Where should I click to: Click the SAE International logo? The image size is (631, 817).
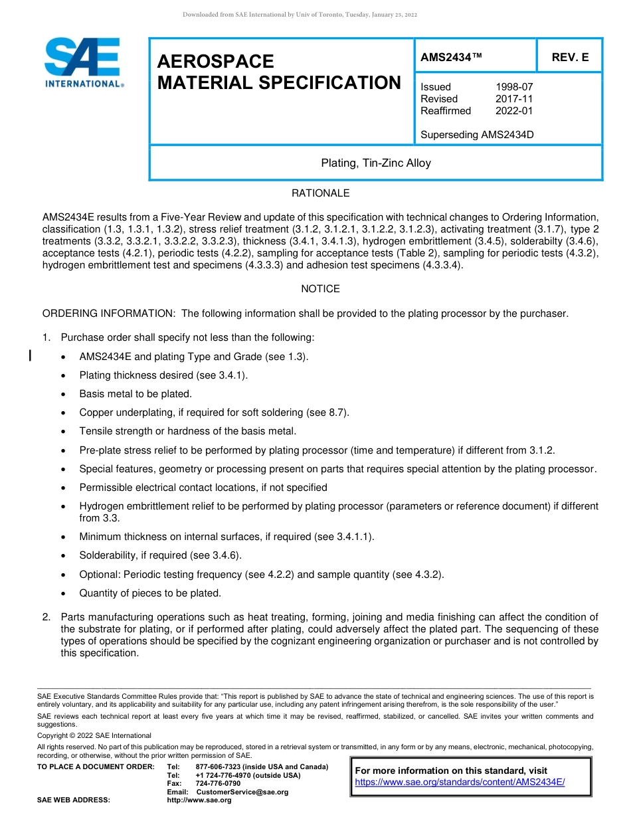click(x=83, y=63)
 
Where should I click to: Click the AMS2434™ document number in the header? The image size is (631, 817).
click(x=451, y=58)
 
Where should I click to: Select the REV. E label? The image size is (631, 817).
click(x=570, y=58)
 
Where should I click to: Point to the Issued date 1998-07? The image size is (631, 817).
click(x=514, y=87)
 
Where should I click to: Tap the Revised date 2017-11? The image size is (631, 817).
click(x=514, y=99)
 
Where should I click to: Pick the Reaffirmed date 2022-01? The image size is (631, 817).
click(x=514, y=111)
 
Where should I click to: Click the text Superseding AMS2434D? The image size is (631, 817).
click(x=477, y=135)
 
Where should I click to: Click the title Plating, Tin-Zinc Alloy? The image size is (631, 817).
click(x=376, y=163)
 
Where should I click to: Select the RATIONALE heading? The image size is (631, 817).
click(x=320, y=193)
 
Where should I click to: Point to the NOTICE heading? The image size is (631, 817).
click(x=320, y=289)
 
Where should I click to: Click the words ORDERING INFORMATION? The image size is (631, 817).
click(x=109, y=314)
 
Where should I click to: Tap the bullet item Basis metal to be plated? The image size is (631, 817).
click(x=135, y=394)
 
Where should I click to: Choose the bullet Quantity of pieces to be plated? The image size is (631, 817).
click(x=150, y=593)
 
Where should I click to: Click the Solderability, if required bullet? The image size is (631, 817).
click(x=160, y=555)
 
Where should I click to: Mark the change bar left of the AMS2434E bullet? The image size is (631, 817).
click(x=30, y=357)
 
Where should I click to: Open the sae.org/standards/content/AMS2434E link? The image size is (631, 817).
click(x=460, y=782)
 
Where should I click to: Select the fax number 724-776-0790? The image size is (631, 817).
click(x=218, y=784)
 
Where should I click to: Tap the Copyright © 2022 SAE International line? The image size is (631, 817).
click(x=94, y=735)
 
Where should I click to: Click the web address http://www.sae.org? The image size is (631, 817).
click(x=199, y=800)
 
